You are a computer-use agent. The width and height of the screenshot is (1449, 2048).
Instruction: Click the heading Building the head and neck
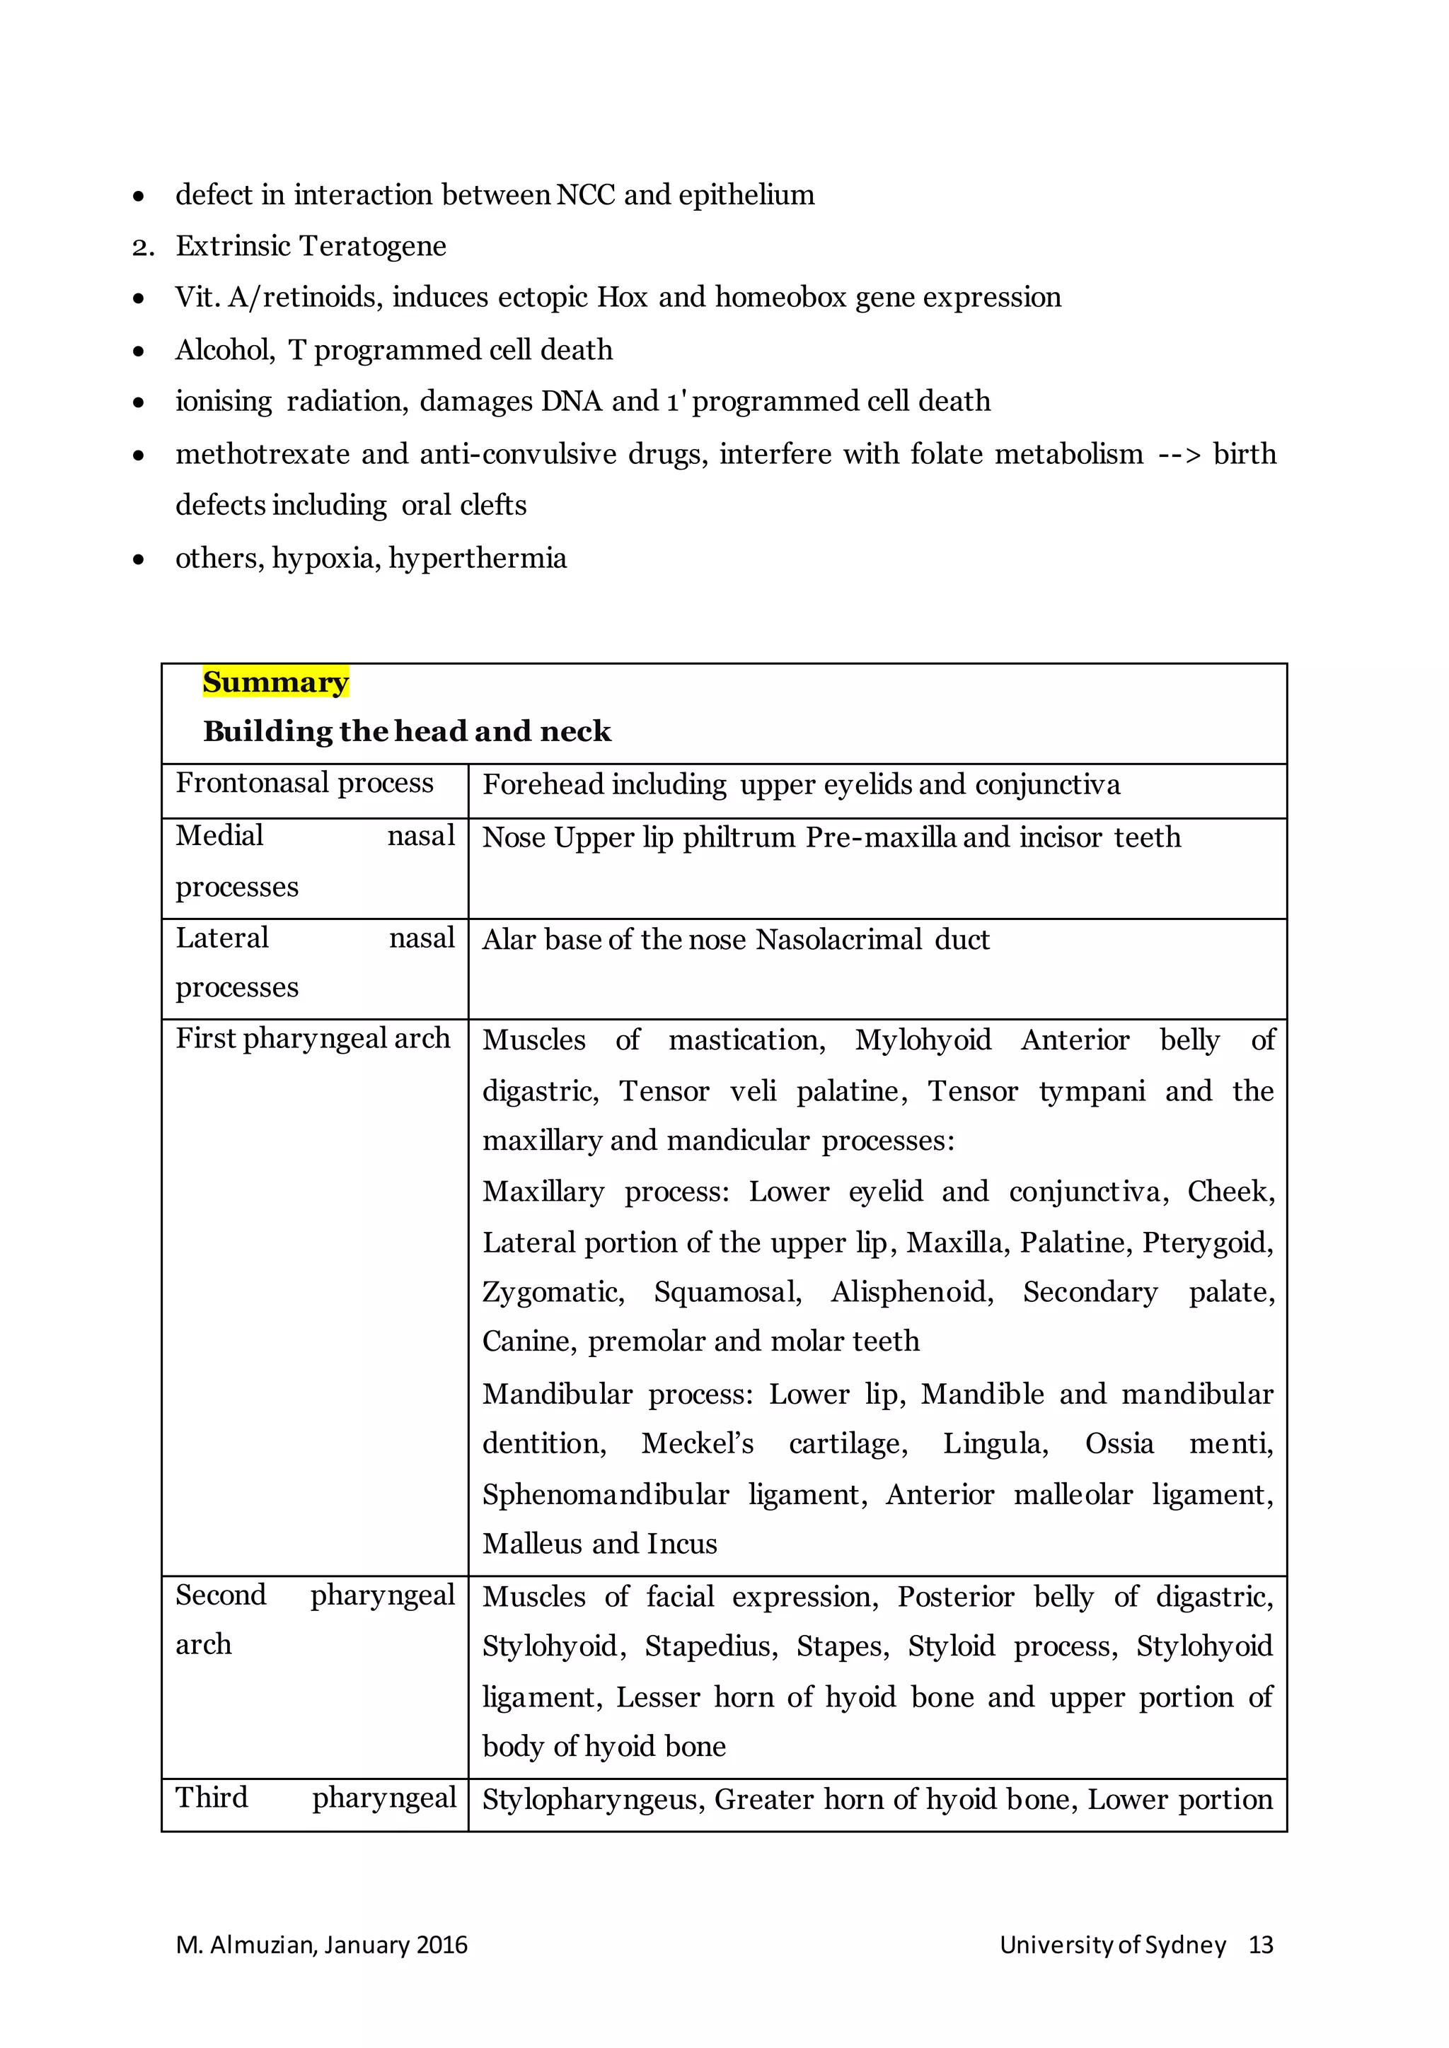[x=407, y=731]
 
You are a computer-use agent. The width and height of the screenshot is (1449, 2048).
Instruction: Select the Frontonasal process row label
[x=304, y=783]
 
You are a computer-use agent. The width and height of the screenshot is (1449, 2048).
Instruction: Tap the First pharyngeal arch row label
[x=312, y=1038]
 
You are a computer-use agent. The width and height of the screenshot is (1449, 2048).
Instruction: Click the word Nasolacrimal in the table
[x=838, y=939]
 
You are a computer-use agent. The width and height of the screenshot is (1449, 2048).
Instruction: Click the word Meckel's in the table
[x=697, y=1443]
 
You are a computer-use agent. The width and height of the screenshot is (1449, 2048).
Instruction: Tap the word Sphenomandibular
[x=605, y=1494]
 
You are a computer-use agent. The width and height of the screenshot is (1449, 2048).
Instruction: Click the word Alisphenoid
[x=911, y=1291]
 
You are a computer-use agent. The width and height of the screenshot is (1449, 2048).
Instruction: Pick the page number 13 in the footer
[x=1260, y=1945]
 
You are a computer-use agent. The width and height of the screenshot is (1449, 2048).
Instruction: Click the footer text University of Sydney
[x=1112, y=1945]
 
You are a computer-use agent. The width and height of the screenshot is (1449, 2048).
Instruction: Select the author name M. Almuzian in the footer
[x=246, y=1945]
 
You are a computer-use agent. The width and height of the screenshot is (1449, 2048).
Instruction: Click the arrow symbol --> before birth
[x=1179, y=455]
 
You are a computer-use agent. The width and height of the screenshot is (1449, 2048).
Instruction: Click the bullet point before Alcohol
[x=138, y=351]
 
